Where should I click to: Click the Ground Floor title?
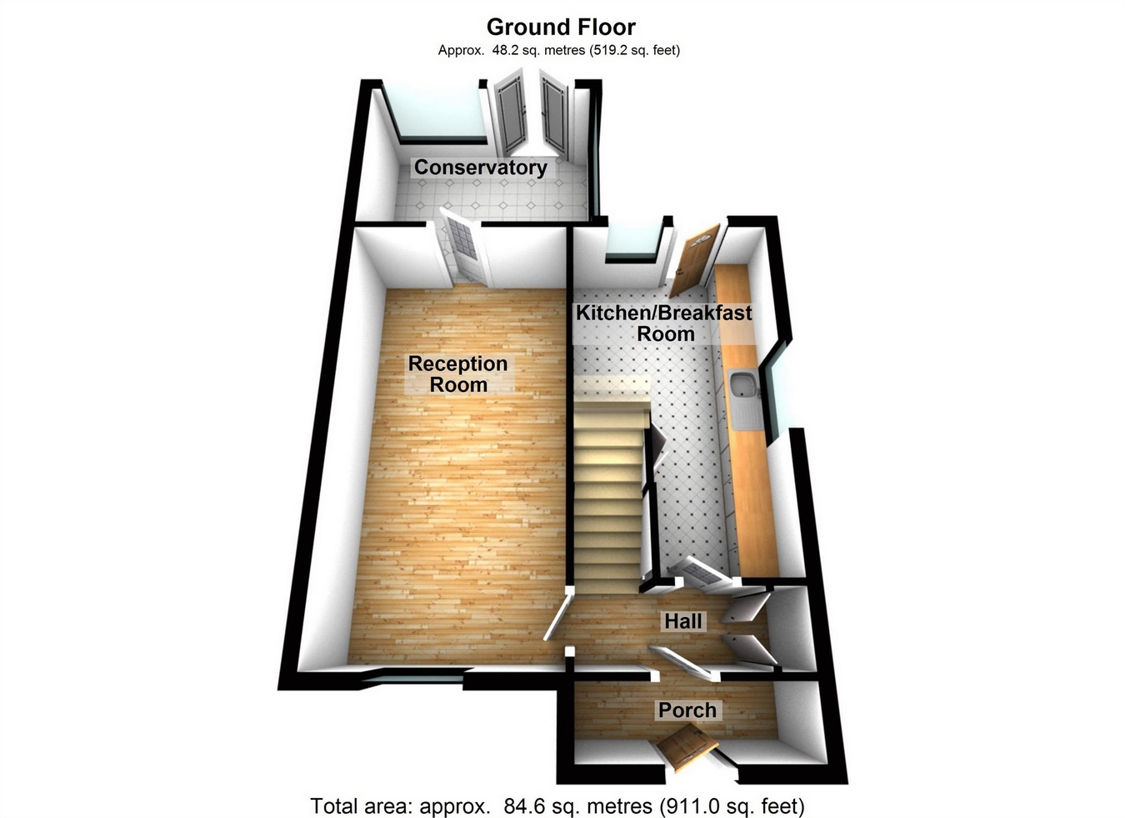coord(561,28)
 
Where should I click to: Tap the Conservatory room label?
coord(481,168)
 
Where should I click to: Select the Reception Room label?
coord(457,374)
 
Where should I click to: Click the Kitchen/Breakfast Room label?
coord(664,324)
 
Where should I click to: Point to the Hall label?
coord(683,621)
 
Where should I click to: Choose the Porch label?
coord(687,710)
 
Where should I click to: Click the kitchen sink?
coord(742,386)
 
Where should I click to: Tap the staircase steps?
coord(608,500)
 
